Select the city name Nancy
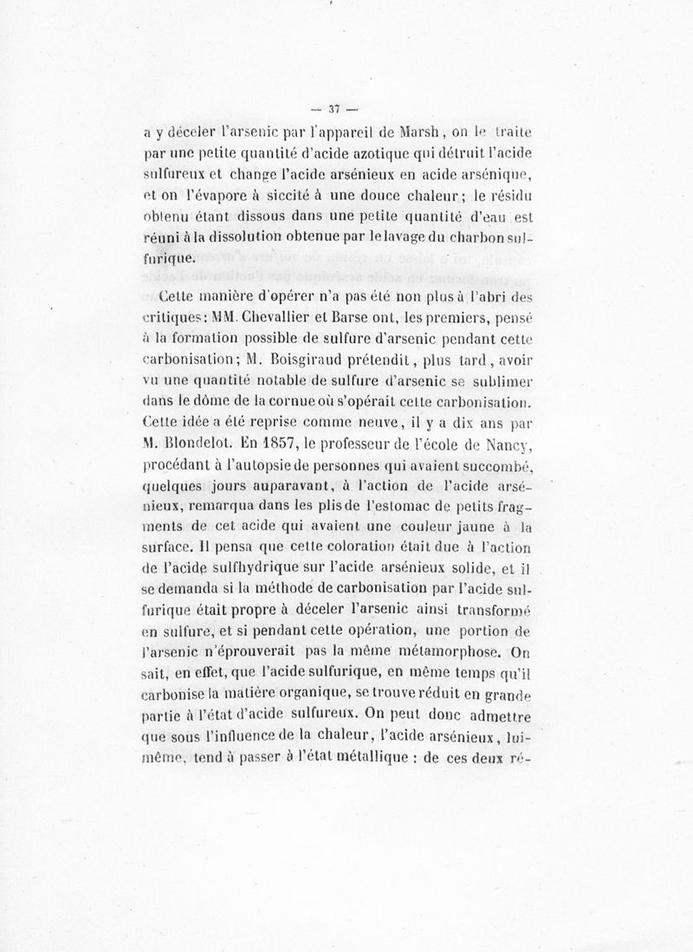click(x=511, y=445)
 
